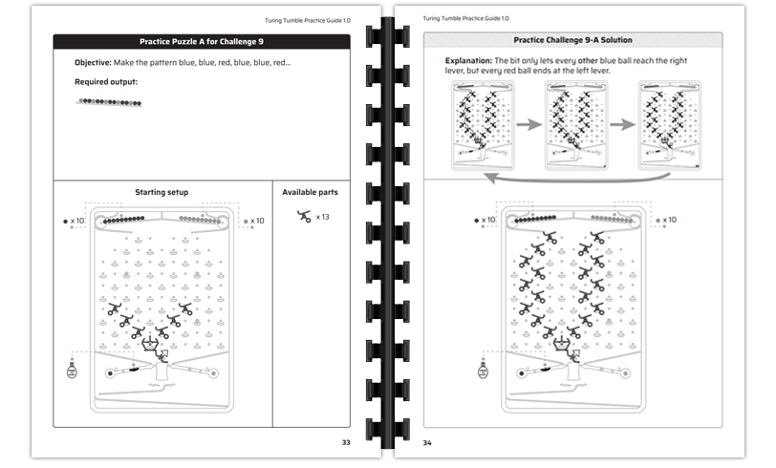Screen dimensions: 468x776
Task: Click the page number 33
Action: click(x=346, y=442)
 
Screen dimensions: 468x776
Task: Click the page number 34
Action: click(x=429, y=442)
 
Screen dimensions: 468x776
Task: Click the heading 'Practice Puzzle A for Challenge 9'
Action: click(x=202, y=41)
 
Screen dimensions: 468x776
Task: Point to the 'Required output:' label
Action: click(x=106, y=82)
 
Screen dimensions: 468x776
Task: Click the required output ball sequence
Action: click(x=109, y=101)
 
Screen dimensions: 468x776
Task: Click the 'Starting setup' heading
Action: click(x=162, y=192)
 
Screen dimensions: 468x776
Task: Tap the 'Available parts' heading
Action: click(x=310, y=192)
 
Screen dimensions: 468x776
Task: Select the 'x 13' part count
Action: click(x=323, y=217)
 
